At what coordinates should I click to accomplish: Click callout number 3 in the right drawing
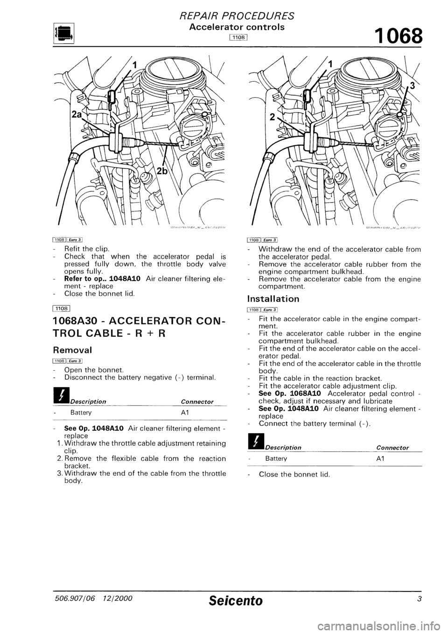pos(412,85)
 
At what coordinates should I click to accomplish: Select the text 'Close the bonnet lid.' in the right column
pos(294,474)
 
